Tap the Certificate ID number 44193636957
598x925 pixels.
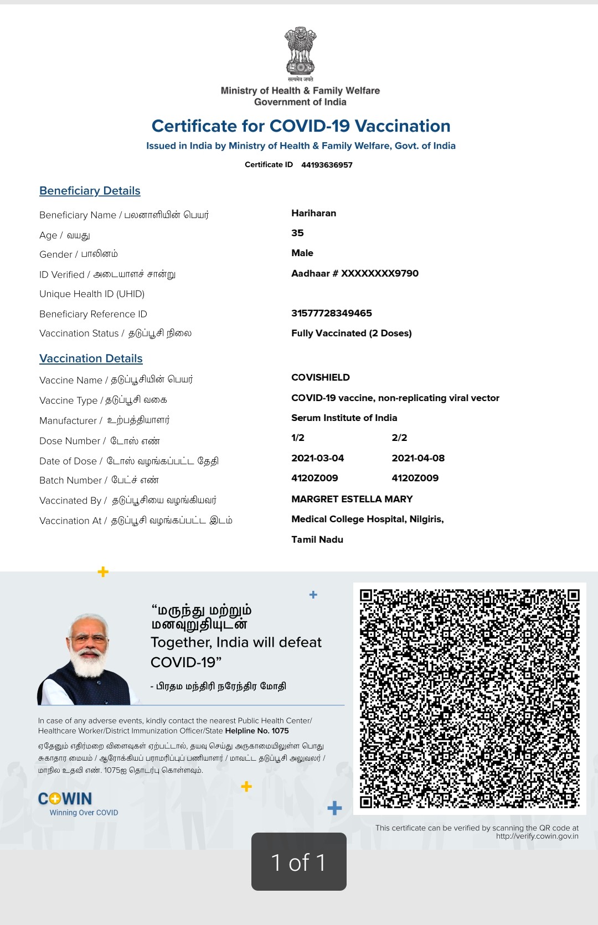[327, 165]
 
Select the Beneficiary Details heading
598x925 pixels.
[90, 191]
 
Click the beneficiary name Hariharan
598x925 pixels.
[313, 214]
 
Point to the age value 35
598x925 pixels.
[297, 233]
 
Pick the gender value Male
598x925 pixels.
[302, 253]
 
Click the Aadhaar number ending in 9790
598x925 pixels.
[355, 273]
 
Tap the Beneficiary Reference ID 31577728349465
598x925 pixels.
[332, 313]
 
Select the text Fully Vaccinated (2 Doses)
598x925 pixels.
[352, 333]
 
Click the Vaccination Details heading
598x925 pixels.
[91, 358]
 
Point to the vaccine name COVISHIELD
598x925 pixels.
[321, 377]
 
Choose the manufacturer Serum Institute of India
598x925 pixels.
[344, 418]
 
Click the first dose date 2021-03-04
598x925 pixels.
[318, 458]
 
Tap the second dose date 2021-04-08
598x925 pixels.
[418, 458]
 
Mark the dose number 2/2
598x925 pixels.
[399, 438]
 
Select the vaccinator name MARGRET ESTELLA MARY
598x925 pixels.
[352, 499]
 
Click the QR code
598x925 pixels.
[470, 698]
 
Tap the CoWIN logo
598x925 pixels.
[65, 799]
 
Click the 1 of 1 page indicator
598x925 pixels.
[299, 862]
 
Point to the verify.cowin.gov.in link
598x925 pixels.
[537, 836]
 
